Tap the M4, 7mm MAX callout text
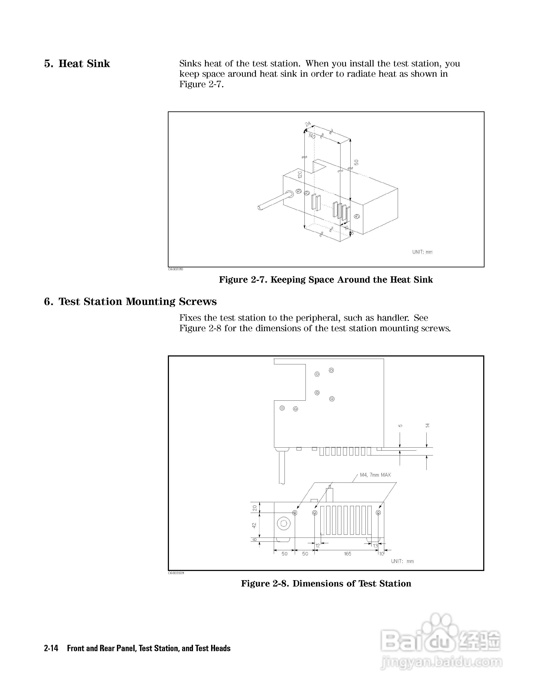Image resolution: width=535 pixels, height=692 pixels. click(x=375, y=475)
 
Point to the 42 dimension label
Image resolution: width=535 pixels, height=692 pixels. click(x=254, y=525)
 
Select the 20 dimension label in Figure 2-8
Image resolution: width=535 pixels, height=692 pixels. click(x=254, y=508)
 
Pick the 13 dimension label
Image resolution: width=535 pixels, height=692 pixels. click(x=375, y=546)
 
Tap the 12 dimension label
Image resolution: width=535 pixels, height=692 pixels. click(x=318, y=546)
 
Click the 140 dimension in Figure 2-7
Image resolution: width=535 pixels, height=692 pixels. click(x=312, y=136)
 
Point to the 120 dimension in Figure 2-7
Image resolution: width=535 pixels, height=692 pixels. click(x=300, y=175)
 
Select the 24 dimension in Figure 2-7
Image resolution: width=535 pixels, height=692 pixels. click(x=308, y=124)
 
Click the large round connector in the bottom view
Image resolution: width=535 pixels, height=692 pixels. click(x=284, y=523)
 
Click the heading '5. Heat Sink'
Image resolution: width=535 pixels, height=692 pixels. click(x=77, y=64)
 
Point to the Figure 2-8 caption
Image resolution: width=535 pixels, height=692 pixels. click(x=326, y=583)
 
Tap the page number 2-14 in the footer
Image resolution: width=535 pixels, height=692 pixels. click(x=51, y=648)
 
